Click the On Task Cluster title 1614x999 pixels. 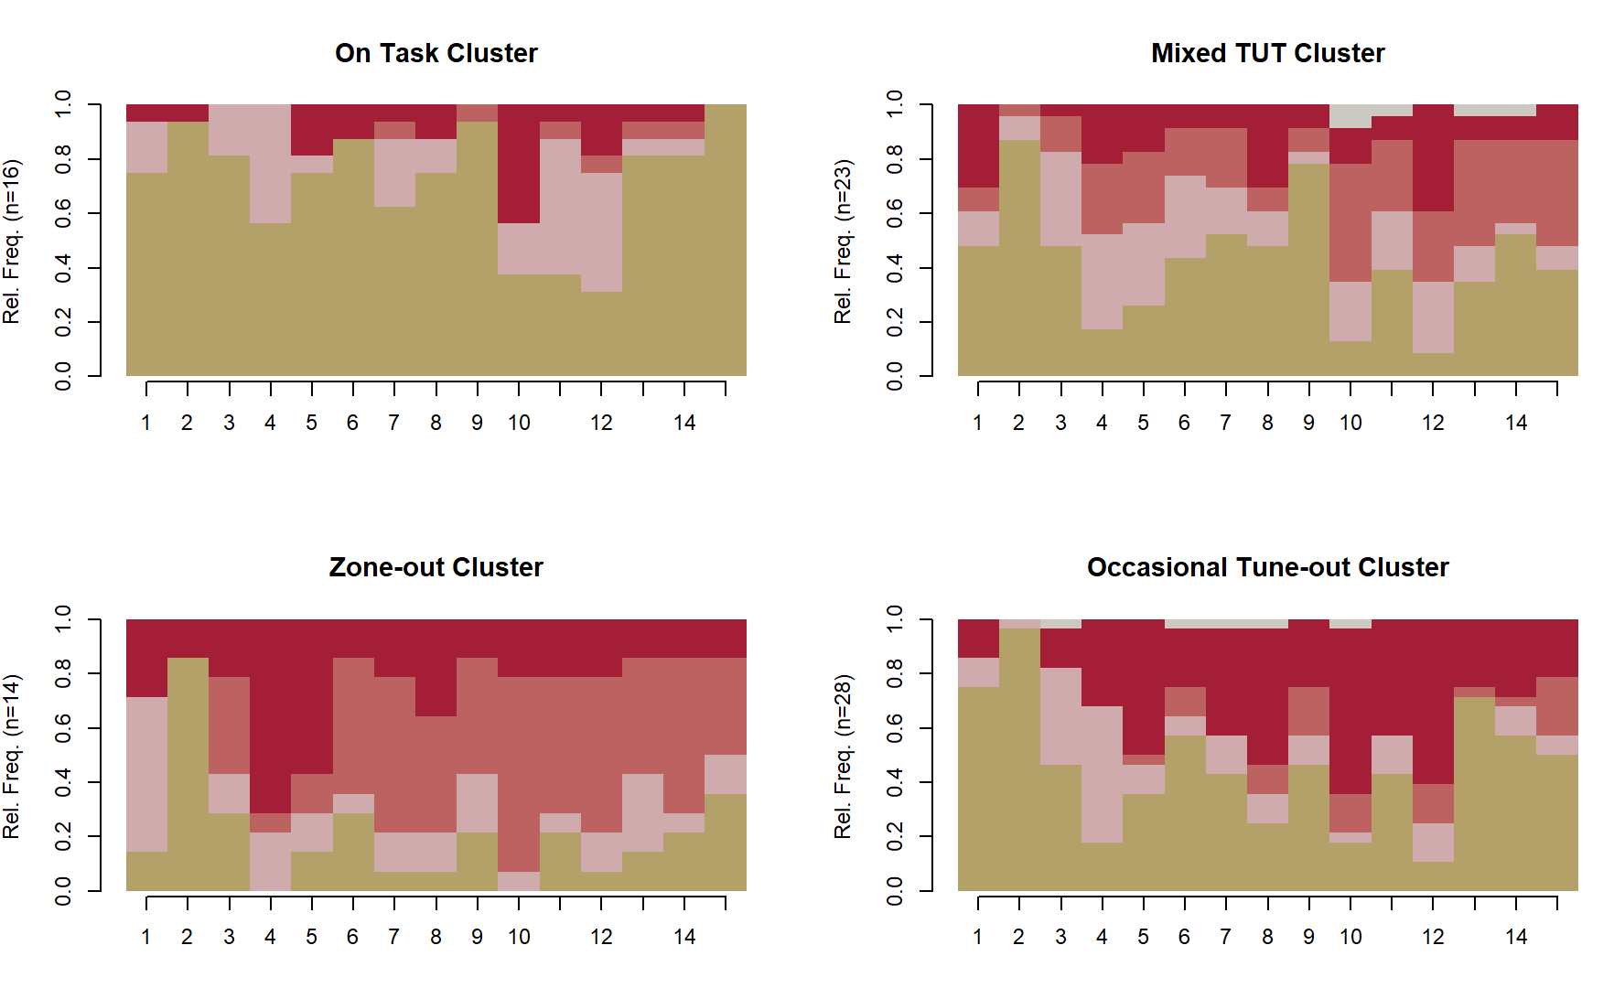pyautogui.click(x=436, y=53)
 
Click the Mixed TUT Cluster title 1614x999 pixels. pyautogui.click(x=1267, y=53)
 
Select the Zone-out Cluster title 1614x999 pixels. pyautogui.click(x=436, y=567)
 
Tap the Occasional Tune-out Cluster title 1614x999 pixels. pyautogui.click(x=1267, y=567)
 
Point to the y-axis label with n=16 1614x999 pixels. pyautogui.click(x=12, y=242)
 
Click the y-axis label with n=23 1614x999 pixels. pyautogui.click(x=844, y=242)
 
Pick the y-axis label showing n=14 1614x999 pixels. pyautogui.click(x=12, y=757)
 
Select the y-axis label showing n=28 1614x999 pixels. pyautogui.click(x=844, y=757)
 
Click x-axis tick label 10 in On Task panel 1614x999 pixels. pyautogui.click(x=519, y=423)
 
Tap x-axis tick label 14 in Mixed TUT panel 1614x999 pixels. pyautogui.click(x=1516, y=423)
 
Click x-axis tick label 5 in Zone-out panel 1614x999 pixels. pyautogui.click(x=311, y=937)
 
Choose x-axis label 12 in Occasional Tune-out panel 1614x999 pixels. pyautogui.click(x=1433, y=937)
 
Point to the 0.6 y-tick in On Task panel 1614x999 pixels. pyautogui.click(x=63, y=214)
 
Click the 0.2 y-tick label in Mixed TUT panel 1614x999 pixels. pyautogui.click(x=895, y=322)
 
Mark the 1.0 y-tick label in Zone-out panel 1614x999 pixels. pyautogui.click(x=63, y=619)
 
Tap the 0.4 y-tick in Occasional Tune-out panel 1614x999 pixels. pyautogui.click(x=895, y=782)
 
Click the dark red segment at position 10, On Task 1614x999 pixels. pyautogui.click(x=519, y=164)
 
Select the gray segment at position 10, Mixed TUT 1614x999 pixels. pyautogui.click(x=1350, y=116)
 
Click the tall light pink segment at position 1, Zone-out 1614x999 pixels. pyautogui.click(x=146, y=774)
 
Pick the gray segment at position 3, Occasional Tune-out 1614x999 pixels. pyautogui.click(x=1060, y=624)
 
